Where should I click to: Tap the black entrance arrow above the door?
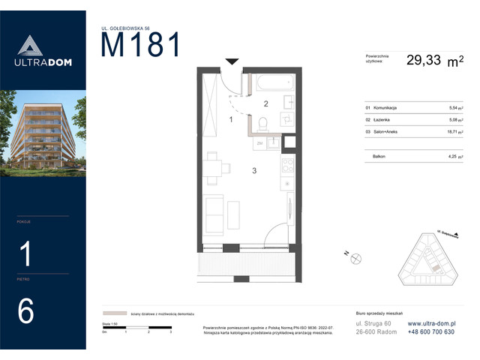click(x=232, y=61)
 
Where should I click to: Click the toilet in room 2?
click(x=262, y=124)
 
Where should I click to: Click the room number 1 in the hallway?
click(x=231, y=119)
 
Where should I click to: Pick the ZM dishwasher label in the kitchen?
click(x=260, y=142)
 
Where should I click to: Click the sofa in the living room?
click(x=214, y=213)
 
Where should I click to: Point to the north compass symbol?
click(x=355, y=258)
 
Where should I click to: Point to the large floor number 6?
click(x=26, y=311)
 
